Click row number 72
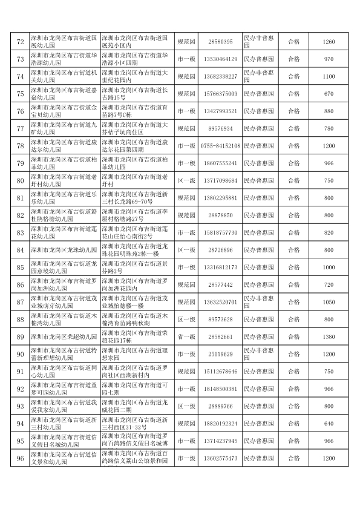tap(19, 42)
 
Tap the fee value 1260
tap(329, 42)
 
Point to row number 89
tap(19, 337)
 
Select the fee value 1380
tap(329, 337)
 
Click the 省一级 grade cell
tap(186, 337)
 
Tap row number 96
tap(19, 458)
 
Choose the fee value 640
tap(329, 423)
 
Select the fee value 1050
tap(329, 301)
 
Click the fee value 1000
tap(329, 267)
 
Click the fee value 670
tap(329, 94)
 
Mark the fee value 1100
tap(329, 76)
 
